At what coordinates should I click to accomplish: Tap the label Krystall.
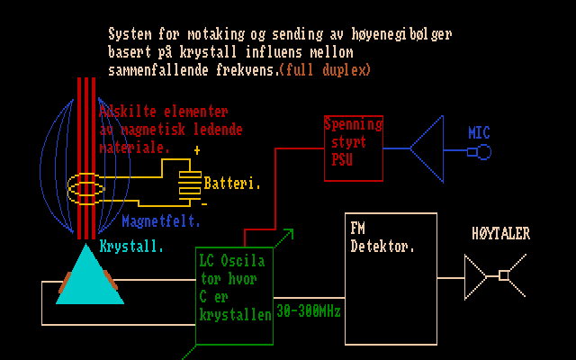pyautogui.click(x=131, y=246)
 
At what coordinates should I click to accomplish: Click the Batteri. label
pyautogui.click(x=232, y=184)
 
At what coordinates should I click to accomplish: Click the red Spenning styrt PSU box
pyautogui.click(x=353, y=148)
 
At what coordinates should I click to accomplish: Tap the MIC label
pyautogui.click(x=479, y=133)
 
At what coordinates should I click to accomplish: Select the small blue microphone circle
pyautogui.click(x=484, y=152)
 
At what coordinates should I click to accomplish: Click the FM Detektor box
pyautogui.click(x=390, y=278)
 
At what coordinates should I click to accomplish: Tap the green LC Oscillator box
pyautogui.click(x=235, y=295)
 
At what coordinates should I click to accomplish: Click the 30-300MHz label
pyautogui.click(x=309, y=311)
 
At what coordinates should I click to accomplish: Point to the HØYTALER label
pyautogui.click(x=501, y=234)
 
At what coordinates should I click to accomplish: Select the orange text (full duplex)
pyautogui.click(x=325, y=69)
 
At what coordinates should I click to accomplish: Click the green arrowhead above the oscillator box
pyautogui.click(x=288, y=234)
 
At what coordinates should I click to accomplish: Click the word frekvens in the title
pyautogui.click(x=249, y=69)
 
